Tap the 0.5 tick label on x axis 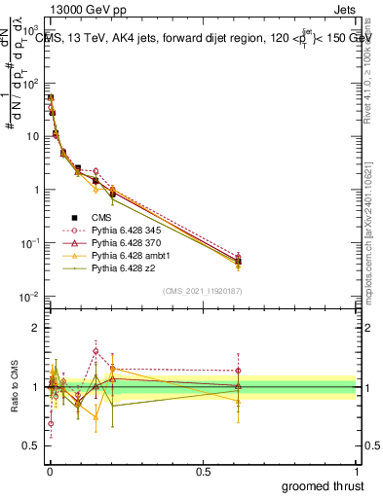coord(203,470)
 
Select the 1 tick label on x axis coord(358,470)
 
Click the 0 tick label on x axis coord(49,470)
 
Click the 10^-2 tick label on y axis coord(29,296)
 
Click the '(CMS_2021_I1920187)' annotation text coord(203,289)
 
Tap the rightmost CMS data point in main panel coord(239,261)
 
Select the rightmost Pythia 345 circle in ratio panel coord(239,371)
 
